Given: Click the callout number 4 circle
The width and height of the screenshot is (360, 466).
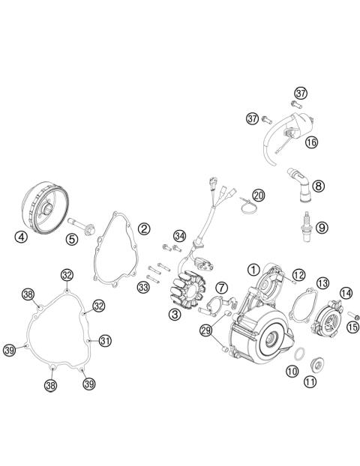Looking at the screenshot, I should click(x=21, y=238).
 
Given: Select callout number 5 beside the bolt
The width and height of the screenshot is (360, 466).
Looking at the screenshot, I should click(x=72, y=240).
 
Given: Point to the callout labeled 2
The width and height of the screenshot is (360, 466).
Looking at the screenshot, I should click(x=143, y=228).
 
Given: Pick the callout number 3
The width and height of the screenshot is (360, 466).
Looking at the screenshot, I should click(x=174, y=315).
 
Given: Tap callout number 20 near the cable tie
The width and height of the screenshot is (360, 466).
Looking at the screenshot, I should click(x=258, y=196).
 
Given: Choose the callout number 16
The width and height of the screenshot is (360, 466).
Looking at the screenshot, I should click(x=311, y=141).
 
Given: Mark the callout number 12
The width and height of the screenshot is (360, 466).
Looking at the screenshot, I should click(x=298, y=274).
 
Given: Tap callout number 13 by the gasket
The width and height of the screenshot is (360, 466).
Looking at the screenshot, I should click(x=322, y=282).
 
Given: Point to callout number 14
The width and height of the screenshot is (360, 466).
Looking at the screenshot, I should click(x=346, y=293).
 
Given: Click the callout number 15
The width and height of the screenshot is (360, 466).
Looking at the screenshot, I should click(x=351, y=326).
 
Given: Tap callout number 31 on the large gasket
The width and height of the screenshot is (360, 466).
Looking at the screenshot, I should click(x=104, y=341).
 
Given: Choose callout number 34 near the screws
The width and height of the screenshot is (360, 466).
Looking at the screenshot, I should click(x=178, y=236).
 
